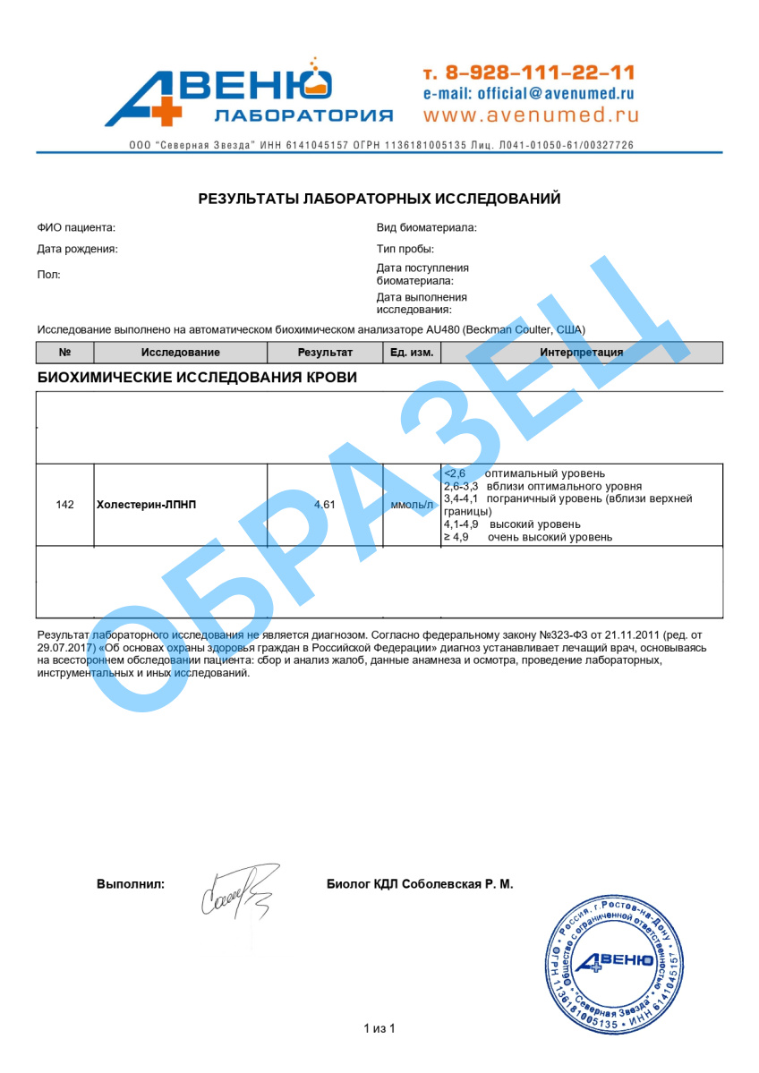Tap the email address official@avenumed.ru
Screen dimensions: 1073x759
click(529, 93)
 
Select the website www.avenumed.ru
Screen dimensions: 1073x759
click(532, 115)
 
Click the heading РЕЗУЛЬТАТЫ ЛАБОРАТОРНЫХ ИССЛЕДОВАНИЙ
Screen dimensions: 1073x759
click(379, 199)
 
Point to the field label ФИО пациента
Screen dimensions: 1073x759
click(76, 228)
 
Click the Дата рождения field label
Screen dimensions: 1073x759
click(77, 249)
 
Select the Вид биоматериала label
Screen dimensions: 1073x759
click(426, 228)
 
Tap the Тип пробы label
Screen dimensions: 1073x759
click(405, 249)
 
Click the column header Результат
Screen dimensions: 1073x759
click(325, 353)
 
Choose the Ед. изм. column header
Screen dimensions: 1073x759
click(412, 353)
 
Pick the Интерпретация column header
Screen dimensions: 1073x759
click(582, 353)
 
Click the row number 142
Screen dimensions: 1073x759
click(64, 505)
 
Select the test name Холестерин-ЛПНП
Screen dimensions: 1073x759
click(146, 505)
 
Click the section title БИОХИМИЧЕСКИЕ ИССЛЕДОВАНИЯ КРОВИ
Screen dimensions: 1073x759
click(197, 378)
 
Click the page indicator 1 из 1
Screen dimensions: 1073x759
click(379, 1028)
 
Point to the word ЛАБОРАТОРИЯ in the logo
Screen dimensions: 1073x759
click(303, 115)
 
